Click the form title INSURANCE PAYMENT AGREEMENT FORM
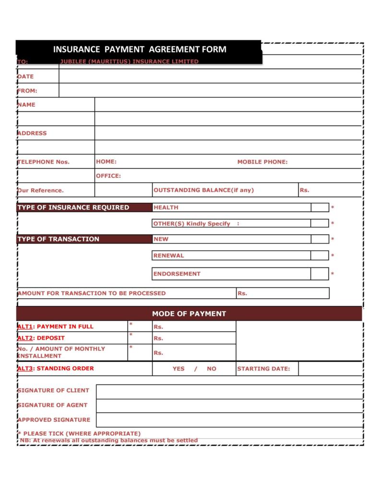(x=139, y=49)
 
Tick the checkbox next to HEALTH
(x=320, y=208)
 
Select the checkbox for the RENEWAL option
(x=320, y=256)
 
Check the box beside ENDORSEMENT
(x=320, y=274)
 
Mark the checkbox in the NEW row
(x=320, y=239)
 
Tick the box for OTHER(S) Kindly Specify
(x=320, y=223)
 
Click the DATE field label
(x=26, y=76)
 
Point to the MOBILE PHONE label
(x=262, y=162)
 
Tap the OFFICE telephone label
(x=108, y=176)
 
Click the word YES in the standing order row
(x=178, y=369)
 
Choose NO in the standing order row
(x=212, y=369)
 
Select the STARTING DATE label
(x=263, y=369)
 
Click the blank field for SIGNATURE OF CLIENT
(x=229, y=392)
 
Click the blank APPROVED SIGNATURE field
(x=229, y=420)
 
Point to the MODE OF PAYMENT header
(x=189, y=314)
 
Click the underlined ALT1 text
(x=24, y=327)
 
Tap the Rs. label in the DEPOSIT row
(x=158, y=338)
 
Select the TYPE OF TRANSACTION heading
(x=59, y=239)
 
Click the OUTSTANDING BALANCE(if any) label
(x=204, y=190)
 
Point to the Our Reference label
(x=41, y=190)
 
